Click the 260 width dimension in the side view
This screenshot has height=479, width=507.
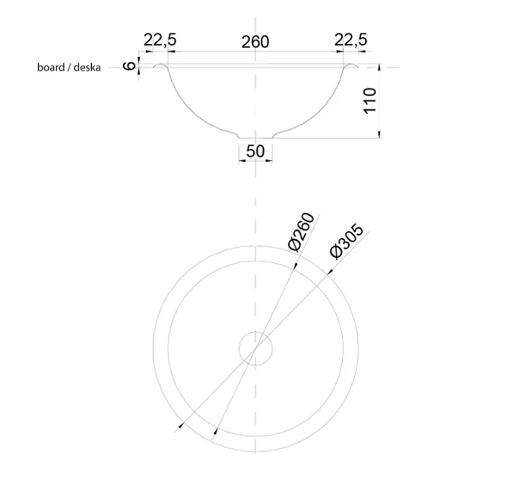(255, 42)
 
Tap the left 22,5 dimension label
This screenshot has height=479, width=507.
(156, 40)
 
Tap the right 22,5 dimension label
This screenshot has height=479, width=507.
(351, 40)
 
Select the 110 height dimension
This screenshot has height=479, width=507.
(370, 100)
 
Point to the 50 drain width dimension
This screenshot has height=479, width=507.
(255, 151)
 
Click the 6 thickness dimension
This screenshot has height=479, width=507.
(130, 66)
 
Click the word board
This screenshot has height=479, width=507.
(50, 68)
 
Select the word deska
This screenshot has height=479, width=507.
(87, 68)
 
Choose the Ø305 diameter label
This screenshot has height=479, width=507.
(347, 243)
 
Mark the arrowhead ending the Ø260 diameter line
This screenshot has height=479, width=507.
(216, 433)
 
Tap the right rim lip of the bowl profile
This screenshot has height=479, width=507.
(351, 66)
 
